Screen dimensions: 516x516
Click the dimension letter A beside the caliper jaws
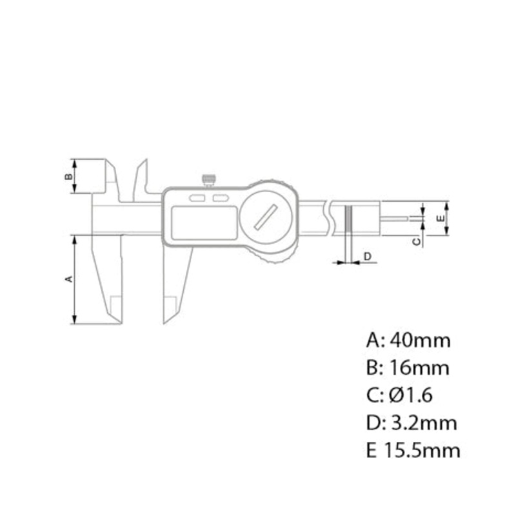68,279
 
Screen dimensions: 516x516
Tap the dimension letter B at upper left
68,175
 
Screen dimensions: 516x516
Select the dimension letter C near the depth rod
416,241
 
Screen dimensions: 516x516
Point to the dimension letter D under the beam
367,257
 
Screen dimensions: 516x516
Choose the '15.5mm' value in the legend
422,450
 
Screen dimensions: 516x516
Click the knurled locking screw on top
208,179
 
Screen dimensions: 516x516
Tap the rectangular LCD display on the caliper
201,221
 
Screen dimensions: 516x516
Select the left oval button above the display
197,198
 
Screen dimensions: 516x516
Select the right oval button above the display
221,198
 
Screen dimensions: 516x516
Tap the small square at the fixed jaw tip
115,302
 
